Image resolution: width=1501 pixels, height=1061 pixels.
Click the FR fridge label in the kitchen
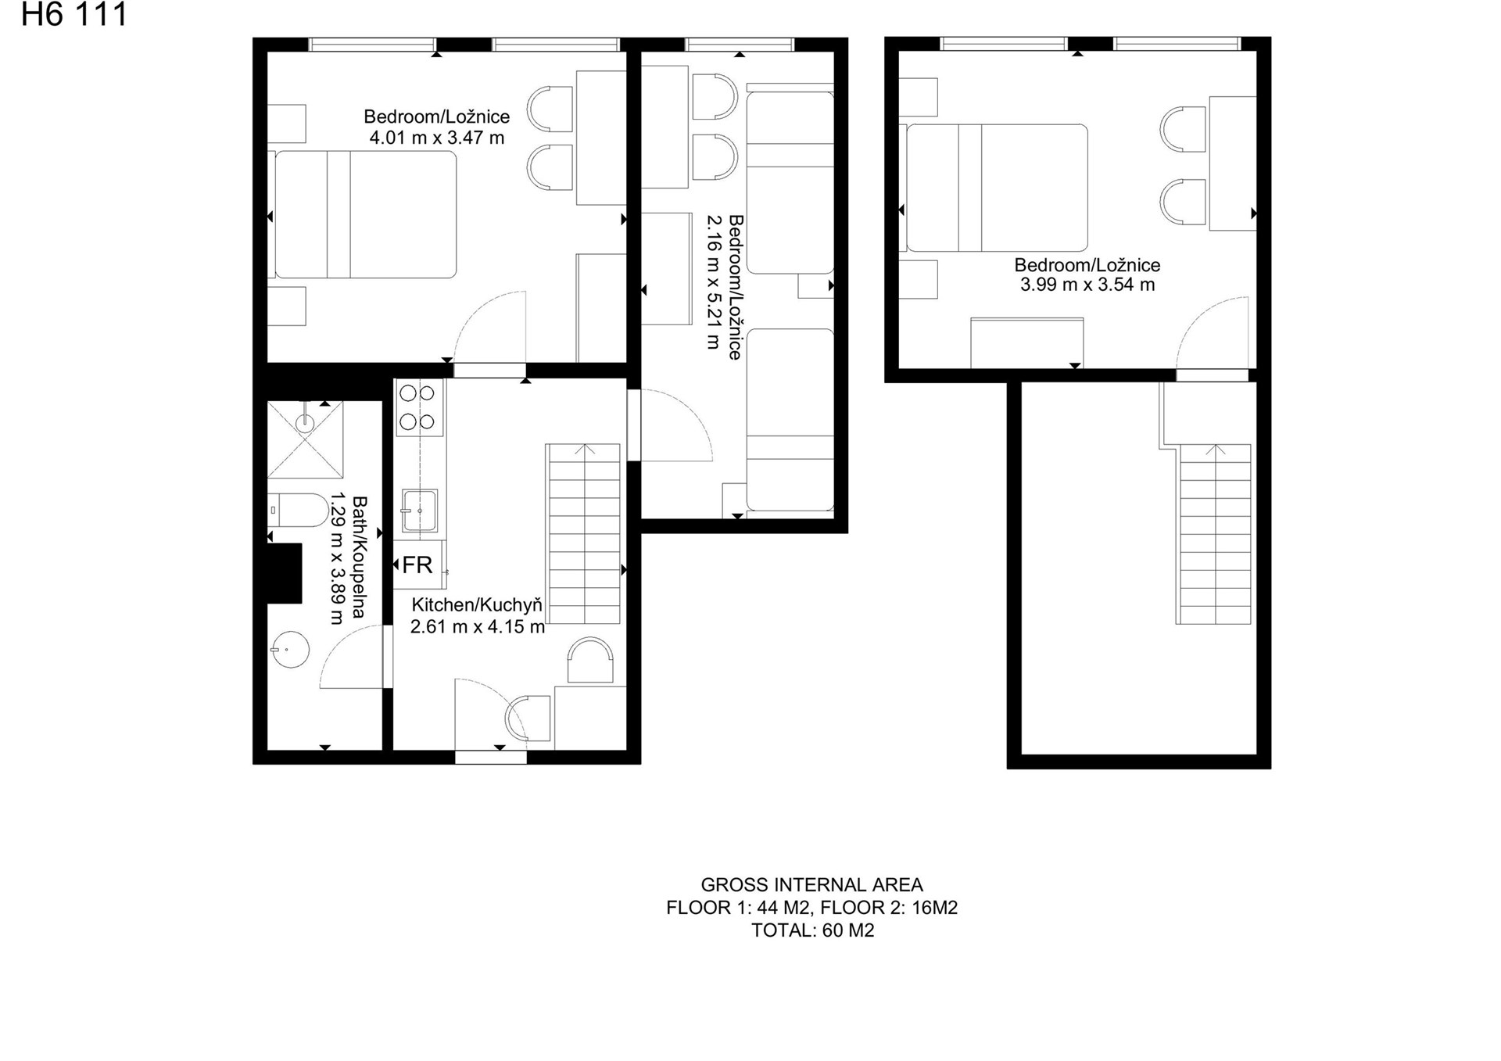[x=417, y=565]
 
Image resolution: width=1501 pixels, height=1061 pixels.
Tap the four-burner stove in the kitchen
[x=419, y=407]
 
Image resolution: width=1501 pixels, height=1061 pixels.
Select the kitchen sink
[x=420, y=511]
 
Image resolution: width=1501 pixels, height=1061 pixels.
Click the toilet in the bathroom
[x=299, y=510]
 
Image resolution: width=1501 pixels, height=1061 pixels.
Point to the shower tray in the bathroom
[x=305, y=439]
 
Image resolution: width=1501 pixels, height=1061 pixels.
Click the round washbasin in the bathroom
[x=290, y=649]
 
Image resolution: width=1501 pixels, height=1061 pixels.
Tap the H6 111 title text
[x=74, y=15]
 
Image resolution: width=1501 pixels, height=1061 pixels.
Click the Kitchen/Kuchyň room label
[x=477, y=605]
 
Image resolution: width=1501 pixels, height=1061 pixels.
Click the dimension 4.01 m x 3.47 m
[x=437, y=138]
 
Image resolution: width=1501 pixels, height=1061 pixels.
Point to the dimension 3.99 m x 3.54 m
[x=1087, y=285]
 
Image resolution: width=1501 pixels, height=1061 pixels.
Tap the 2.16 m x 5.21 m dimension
[x=713, y=281]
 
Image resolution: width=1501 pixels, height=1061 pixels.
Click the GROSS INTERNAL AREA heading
[x=811, y=885]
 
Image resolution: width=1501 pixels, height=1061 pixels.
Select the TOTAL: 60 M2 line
[x=812, y=930]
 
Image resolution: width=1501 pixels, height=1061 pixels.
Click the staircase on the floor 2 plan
[x=1214, y=534]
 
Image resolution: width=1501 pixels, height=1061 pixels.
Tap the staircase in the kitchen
[x=585, y=534]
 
